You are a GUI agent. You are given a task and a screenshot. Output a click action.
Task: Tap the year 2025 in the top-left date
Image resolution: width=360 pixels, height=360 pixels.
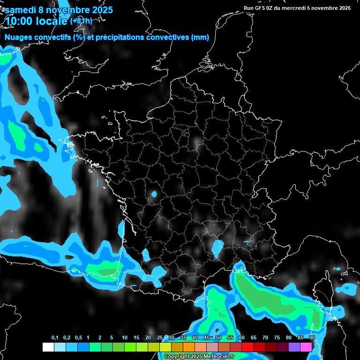(x=99, y=9)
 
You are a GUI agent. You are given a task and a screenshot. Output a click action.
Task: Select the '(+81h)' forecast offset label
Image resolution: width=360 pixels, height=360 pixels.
(x=82, y=21)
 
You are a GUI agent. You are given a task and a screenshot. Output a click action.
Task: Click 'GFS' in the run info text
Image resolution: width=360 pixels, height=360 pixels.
(x=261, y=8)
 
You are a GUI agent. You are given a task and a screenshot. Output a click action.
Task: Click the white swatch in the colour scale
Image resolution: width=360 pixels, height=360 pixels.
(x=48, y=347)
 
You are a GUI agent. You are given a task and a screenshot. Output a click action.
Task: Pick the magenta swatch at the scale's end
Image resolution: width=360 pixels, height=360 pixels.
(x=306, y=347)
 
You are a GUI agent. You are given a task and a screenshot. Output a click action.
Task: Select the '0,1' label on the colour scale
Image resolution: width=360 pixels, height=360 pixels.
(x=55, y=338)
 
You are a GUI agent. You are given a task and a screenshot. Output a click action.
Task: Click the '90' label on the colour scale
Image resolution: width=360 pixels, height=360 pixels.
(x=312, y=338)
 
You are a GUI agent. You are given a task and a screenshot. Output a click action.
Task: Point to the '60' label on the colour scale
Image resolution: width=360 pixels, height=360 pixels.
(x=242, y=338)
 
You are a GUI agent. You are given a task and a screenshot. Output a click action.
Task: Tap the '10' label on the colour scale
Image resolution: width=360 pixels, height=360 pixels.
(x=125, y=338)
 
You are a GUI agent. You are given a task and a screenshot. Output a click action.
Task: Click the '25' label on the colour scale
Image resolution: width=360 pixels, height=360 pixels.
(x=160, y=338)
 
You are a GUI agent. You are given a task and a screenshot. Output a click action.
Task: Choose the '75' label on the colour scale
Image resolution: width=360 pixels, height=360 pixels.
(x=277, y=338)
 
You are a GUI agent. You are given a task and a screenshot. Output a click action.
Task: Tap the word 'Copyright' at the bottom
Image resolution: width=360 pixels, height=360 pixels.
(x=177, y=357)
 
